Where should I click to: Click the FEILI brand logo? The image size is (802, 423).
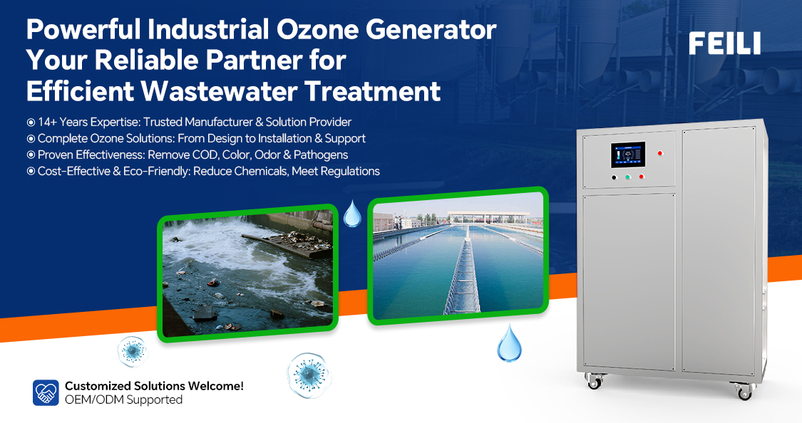click(x=724, y=43)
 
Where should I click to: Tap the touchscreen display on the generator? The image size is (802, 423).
click(x=627, y=155)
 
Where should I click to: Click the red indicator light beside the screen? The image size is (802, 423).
click(x=660, y=152)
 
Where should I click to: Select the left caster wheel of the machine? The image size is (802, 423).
click(x=595, y=381)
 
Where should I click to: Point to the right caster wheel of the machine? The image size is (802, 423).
click(x=743, y=391)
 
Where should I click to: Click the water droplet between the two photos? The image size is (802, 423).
click(x=352, y=214)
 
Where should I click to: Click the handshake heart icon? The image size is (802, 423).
click(x=46, y=392)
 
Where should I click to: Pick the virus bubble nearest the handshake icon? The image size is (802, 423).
click(x=133, y=352)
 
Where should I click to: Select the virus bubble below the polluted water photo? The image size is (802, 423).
click(x=309, y=375)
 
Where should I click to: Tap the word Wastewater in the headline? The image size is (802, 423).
click(x=219, y=91)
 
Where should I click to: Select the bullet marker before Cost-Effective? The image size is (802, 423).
click(x=31, y=171)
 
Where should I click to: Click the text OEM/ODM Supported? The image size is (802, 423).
click(x=124, y=399)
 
